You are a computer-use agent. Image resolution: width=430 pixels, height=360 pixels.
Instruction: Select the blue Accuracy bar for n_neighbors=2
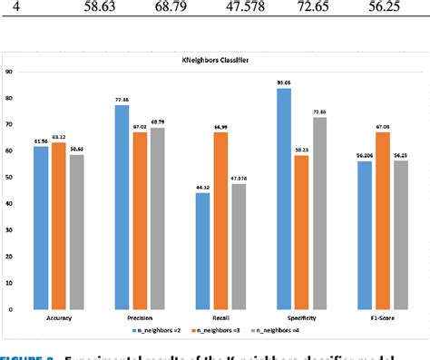41,227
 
